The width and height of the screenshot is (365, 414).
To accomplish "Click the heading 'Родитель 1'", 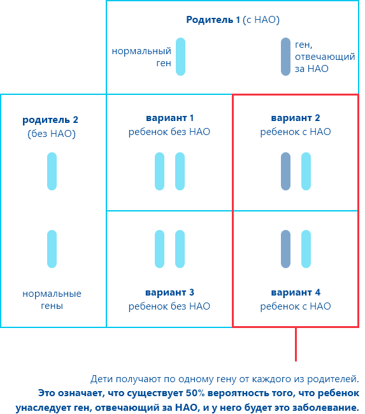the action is tap(213, 20).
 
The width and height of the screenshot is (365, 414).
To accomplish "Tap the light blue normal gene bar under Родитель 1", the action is tap(181, 57).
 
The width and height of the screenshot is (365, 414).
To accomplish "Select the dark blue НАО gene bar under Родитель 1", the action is tap(286, 57).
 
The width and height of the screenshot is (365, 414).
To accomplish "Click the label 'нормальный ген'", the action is tap(141, 57).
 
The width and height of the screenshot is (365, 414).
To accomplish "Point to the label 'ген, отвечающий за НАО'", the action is tap(325, 57).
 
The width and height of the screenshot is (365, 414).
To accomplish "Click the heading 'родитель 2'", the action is tap(50, 120).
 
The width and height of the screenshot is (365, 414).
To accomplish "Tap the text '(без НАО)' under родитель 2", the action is tap(52, 134).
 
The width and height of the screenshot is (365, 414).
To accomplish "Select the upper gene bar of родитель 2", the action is tap(52, 171).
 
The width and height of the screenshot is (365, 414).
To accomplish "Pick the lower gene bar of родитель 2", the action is tap(52, 249).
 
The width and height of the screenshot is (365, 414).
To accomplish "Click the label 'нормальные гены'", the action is tap(52, 299).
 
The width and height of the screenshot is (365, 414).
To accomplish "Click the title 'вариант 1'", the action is tap(170, 118).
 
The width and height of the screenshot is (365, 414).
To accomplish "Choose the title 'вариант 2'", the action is tap(296, 118).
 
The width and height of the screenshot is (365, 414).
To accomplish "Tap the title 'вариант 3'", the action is tap(170, 292).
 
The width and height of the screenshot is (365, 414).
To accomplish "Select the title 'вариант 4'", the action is tap(296, 292).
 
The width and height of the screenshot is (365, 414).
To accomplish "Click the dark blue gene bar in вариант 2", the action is tap(286, 171).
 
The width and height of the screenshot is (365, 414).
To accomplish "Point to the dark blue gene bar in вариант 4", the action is tap(286, 249).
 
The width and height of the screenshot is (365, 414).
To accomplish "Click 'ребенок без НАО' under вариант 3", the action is tap(169, 306).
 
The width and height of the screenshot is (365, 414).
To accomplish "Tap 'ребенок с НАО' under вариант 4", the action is tap(296, 306).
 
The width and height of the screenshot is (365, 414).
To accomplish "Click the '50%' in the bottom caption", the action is tap(196, 393).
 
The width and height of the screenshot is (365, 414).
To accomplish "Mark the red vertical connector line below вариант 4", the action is tap(296, 345).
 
